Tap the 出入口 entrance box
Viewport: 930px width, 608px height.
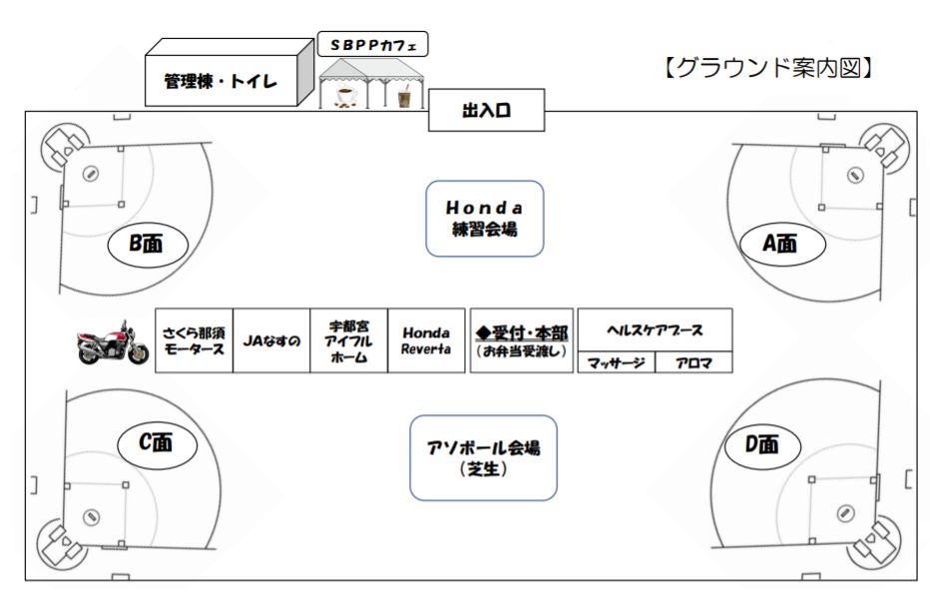[x=487, y=111]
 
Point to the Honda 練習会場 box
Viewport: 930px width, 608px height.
[x=484, y=218]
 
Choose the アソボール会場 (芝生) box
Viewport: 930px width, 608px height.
[x=483, y=457]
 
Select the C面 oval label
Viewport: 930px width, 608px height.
[x=156, y=443]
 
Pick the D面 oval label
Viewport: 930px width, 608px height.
[x=760, y=445]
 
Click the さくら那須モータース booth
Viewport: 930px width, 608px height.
[x=194, y=340]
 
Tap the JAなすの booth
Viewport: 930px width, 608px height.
[x=271, y=340]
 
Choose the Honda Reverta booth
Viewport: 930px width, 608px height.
[x=426, y=340]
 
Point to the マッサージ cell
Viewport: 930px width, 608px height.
[x=616, y=363]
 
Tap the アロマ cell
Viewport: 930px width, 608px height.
[x=694, y=363]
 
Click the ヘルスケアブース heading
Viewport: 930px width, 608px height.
[x=655, y=329]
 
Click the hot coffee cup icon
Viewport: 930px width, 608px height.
[x=344, y=97]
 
